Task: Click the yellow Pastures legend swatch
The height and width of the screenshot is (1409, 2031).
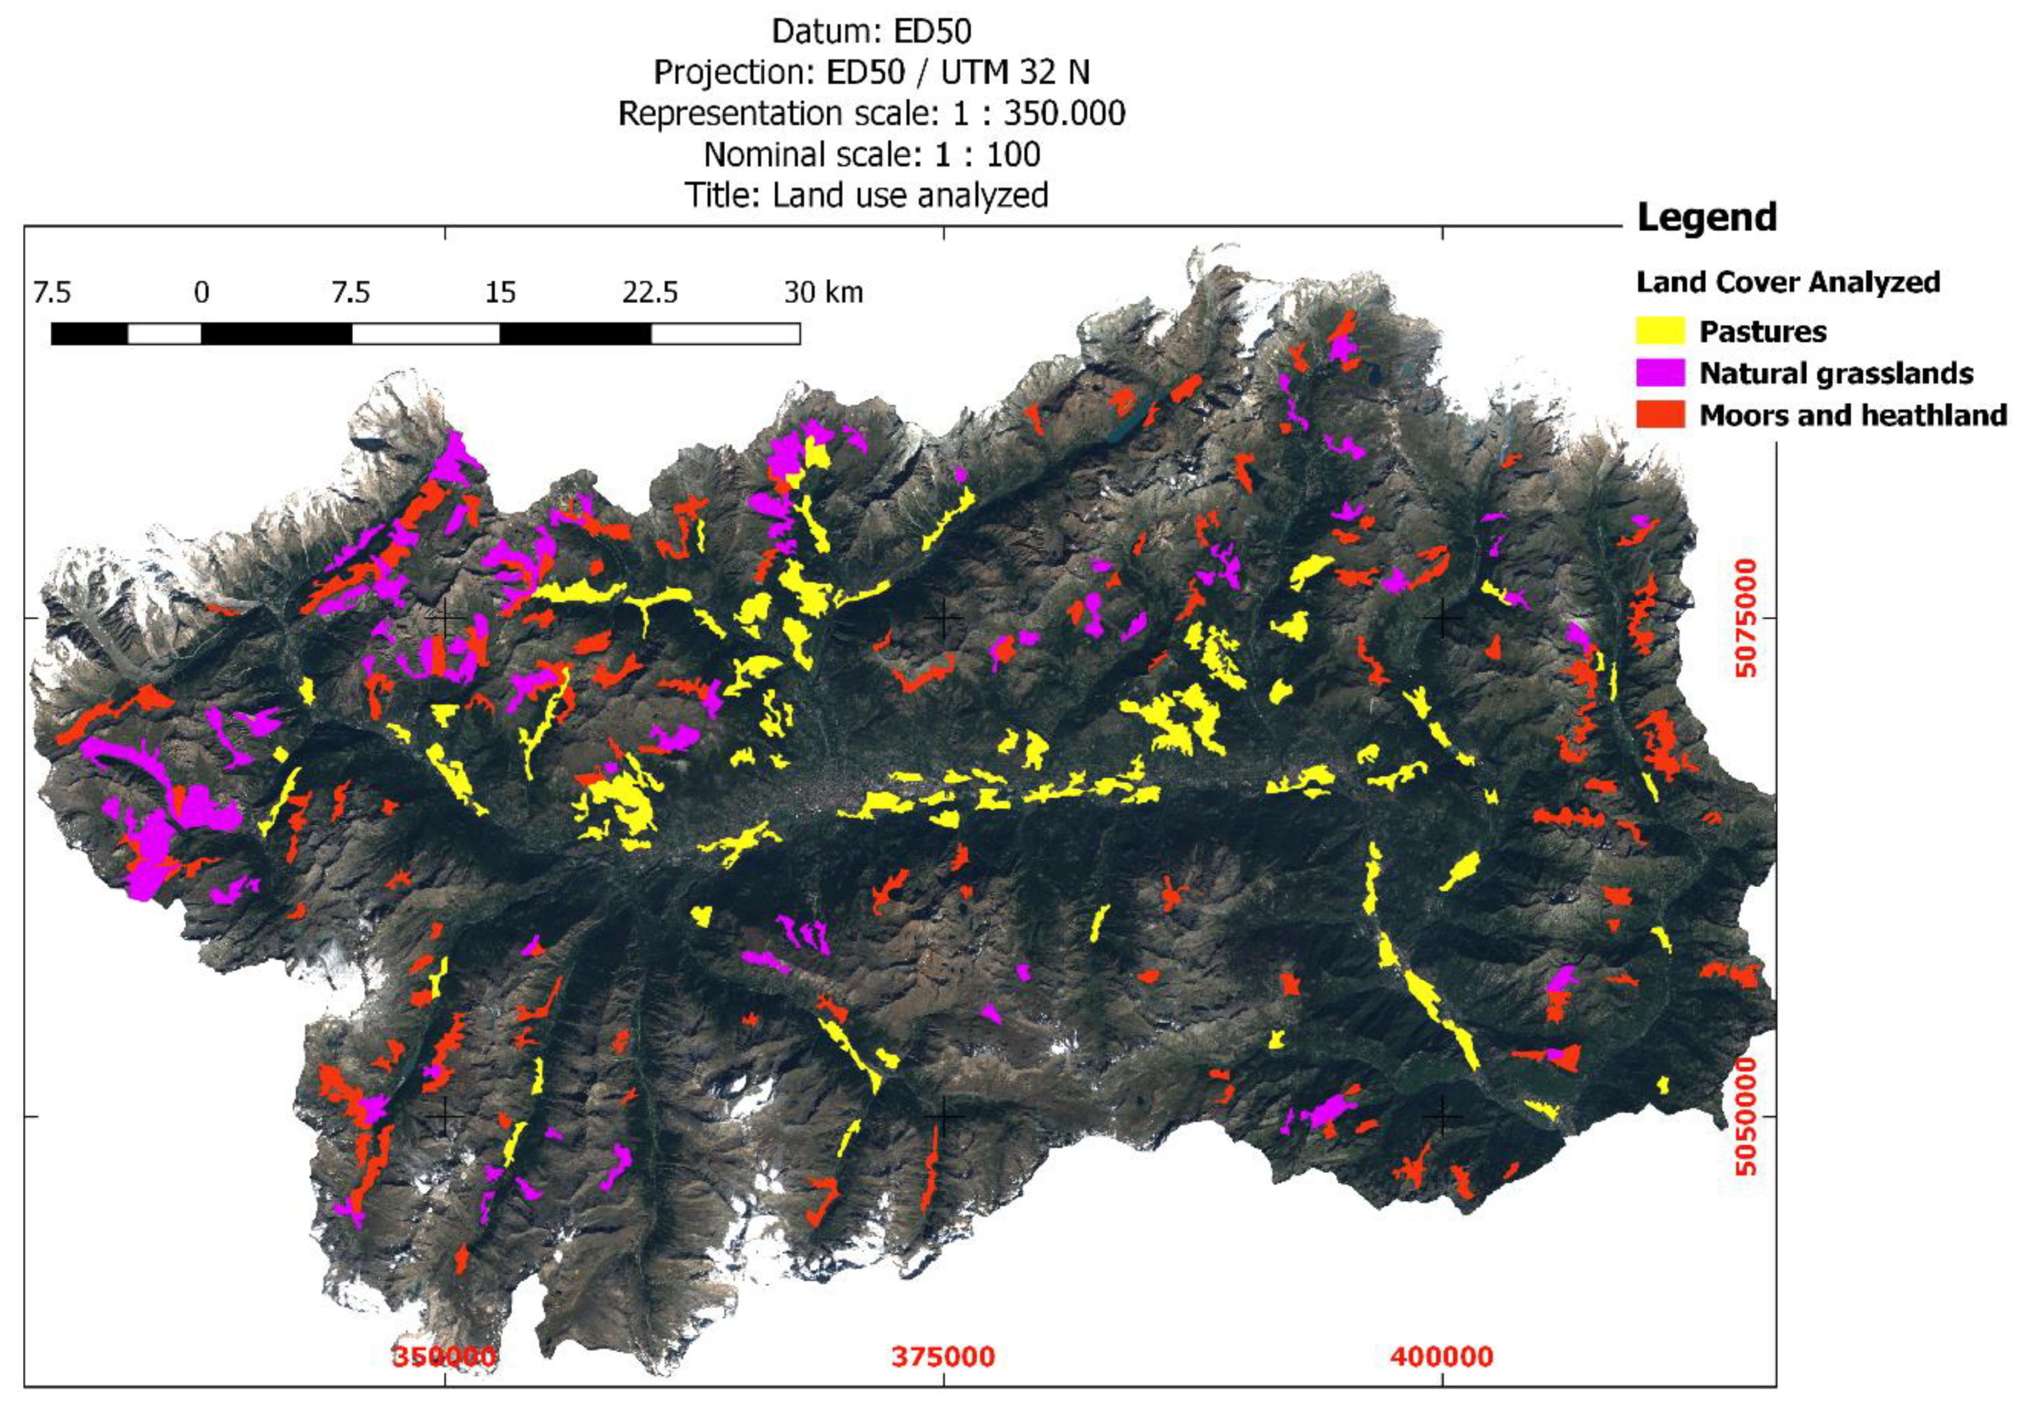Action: click(x=1659, y=331)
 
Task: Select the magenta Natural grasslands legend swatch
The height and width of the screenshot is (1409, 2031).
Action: click(x=1659, y=373)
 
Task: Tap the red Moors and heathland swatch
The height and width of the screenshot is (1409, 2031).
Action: click(x=1659, y=414)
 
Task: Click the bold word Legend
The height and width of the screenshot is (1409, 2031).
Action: click(x=1706, y=217)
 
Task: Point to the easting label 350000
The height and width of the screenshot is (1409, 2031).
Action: click(x=444, y=1356)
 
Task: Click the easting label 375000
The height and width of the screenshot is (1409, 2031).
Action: click(x=943, y=1356)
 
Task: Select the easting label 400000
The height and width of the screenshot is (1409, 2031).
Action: click(x=1442, y=1356)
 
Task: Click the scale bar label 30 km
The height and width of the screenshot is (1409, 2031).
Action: click(x=823, y=292)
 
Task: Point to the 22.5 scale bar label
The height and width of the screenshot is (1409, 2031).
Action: click(x=650, y=292)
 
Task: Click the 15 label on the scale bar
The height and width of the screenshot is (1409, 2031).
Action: click(x=500, y=292)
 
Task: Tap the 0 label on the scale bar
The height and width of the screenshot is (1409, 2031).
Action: click(x=201, y=292)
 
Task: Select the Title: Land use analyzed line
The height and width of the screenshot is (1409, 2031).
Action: click(x=867, y=195)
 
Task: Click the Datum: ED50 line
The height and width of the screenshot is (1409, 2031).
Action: click(x=871, y=32)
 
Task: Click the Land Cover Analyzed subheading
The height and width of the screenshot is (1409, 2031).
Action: click(x=1787, y=282)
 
